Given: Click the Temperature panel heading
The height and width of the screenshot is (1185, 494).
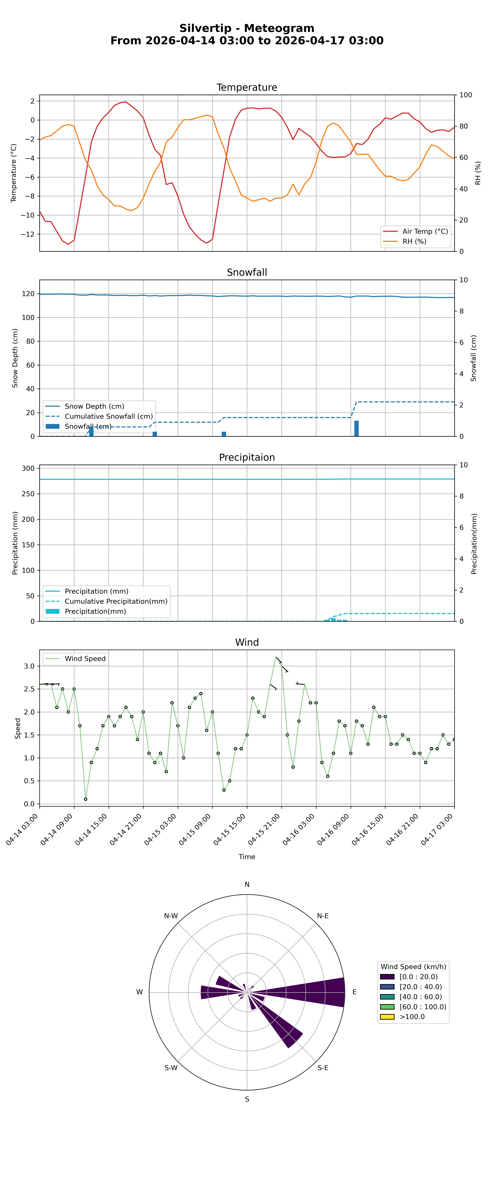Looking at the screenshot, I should click(247, 87).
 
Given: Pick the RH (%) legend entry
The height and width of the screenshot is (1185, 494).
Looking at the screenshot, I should click(414, 241).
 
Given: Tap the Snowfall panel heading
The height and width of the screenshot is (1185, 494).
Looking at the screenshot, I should click(247, 272).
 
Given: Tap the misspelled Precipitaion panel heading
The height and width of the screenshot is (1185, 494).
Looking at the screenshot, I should click(247, 457).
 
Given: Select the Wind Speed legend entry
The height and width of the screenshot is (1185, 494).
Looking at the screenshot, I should click(85, 659).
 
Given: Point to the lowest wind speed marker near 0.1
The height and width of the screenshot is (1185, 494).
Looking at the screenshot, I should click(86, 799).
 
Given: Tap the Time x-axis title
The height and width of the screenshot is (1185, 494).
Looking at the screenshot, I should click(247, 856).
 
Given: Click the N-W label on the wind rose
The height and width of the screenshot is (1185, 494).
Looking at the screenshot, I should click(171, 916).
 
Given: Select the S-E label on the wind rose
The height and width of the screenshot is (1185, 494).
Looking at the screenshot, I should click(323, 1068).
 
